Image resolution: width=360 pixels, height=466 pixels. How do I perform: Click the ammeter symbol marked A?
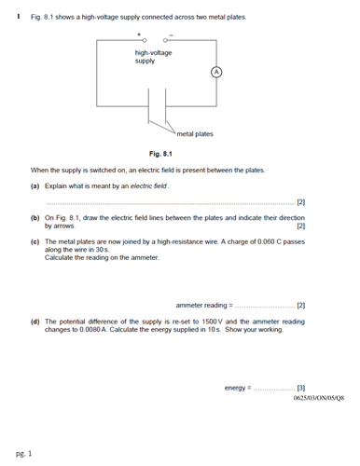[x=215, y=71]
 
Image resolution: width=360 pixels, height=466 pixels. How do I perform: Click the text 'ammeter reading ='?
[x=203, y=305]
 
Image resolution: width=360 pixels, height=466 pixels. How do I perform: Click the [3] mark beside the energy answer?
[x=300, y=387]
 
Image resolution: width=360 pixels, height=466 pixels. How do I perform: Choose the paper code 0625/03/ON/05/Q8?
[x=318, y=398]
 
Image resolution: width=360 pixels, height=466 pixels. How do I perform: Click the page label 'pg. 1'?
[x=23, y=453]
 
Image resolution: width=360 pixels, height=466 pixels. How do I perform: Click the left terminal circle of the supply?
[x=144, y=41]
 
